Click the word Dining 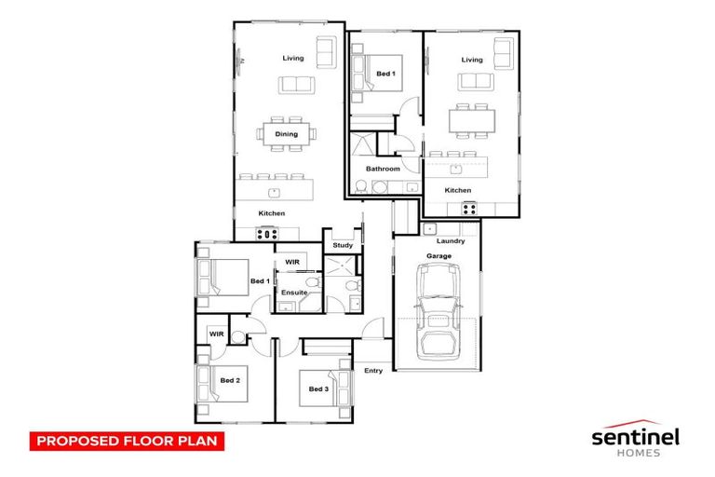[286, 134]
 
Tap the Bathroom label [383, 169]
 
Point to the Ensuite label [294, 293]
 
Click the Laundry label [451, 241]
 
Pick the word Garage [438, 255]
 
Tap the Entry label [373, 371]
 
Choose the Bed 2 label [230, 380]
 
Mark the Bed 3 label [318, 388]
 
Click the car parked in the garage [438, 310]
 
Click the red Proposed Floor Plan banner [128, 440]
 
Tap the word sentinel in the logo [637, 436]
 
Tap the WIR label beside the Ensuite [291, 263]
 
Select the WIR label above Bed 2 [216, 333]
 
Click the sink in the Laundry [430, 228]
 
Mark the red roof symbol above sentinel [637, 420]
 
